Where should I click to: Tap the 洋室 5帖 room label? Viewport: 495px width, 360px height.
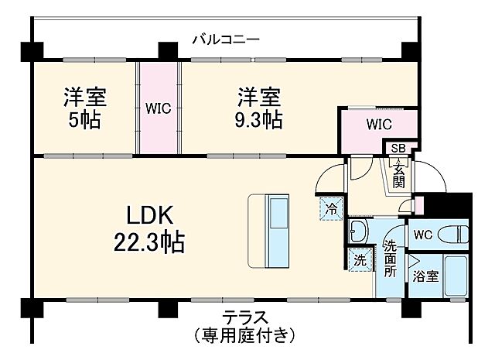tap(84, 108)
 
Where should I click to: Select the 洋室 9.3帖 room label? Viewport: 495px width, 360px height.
tap(259, 108)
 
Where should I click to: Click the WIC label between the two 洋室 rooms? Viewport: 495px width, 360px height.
tap(159, 109)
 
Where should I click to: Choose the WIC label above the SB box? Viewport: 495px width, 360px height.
tap(379, 124)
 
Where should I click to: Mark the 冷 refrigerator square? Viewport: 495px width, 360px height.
tap(331, 208)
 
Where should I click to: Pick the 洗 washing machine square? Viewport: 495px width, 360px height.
tap(359, 261)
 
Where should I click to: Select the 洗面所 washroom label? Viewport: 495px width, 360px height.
tap(391, 260)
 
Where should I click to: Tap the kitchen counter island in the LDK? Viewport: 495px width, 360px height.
tap(268, 230)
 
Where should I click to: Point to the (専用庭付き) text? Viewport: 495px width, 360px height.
tap(245, 335)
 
